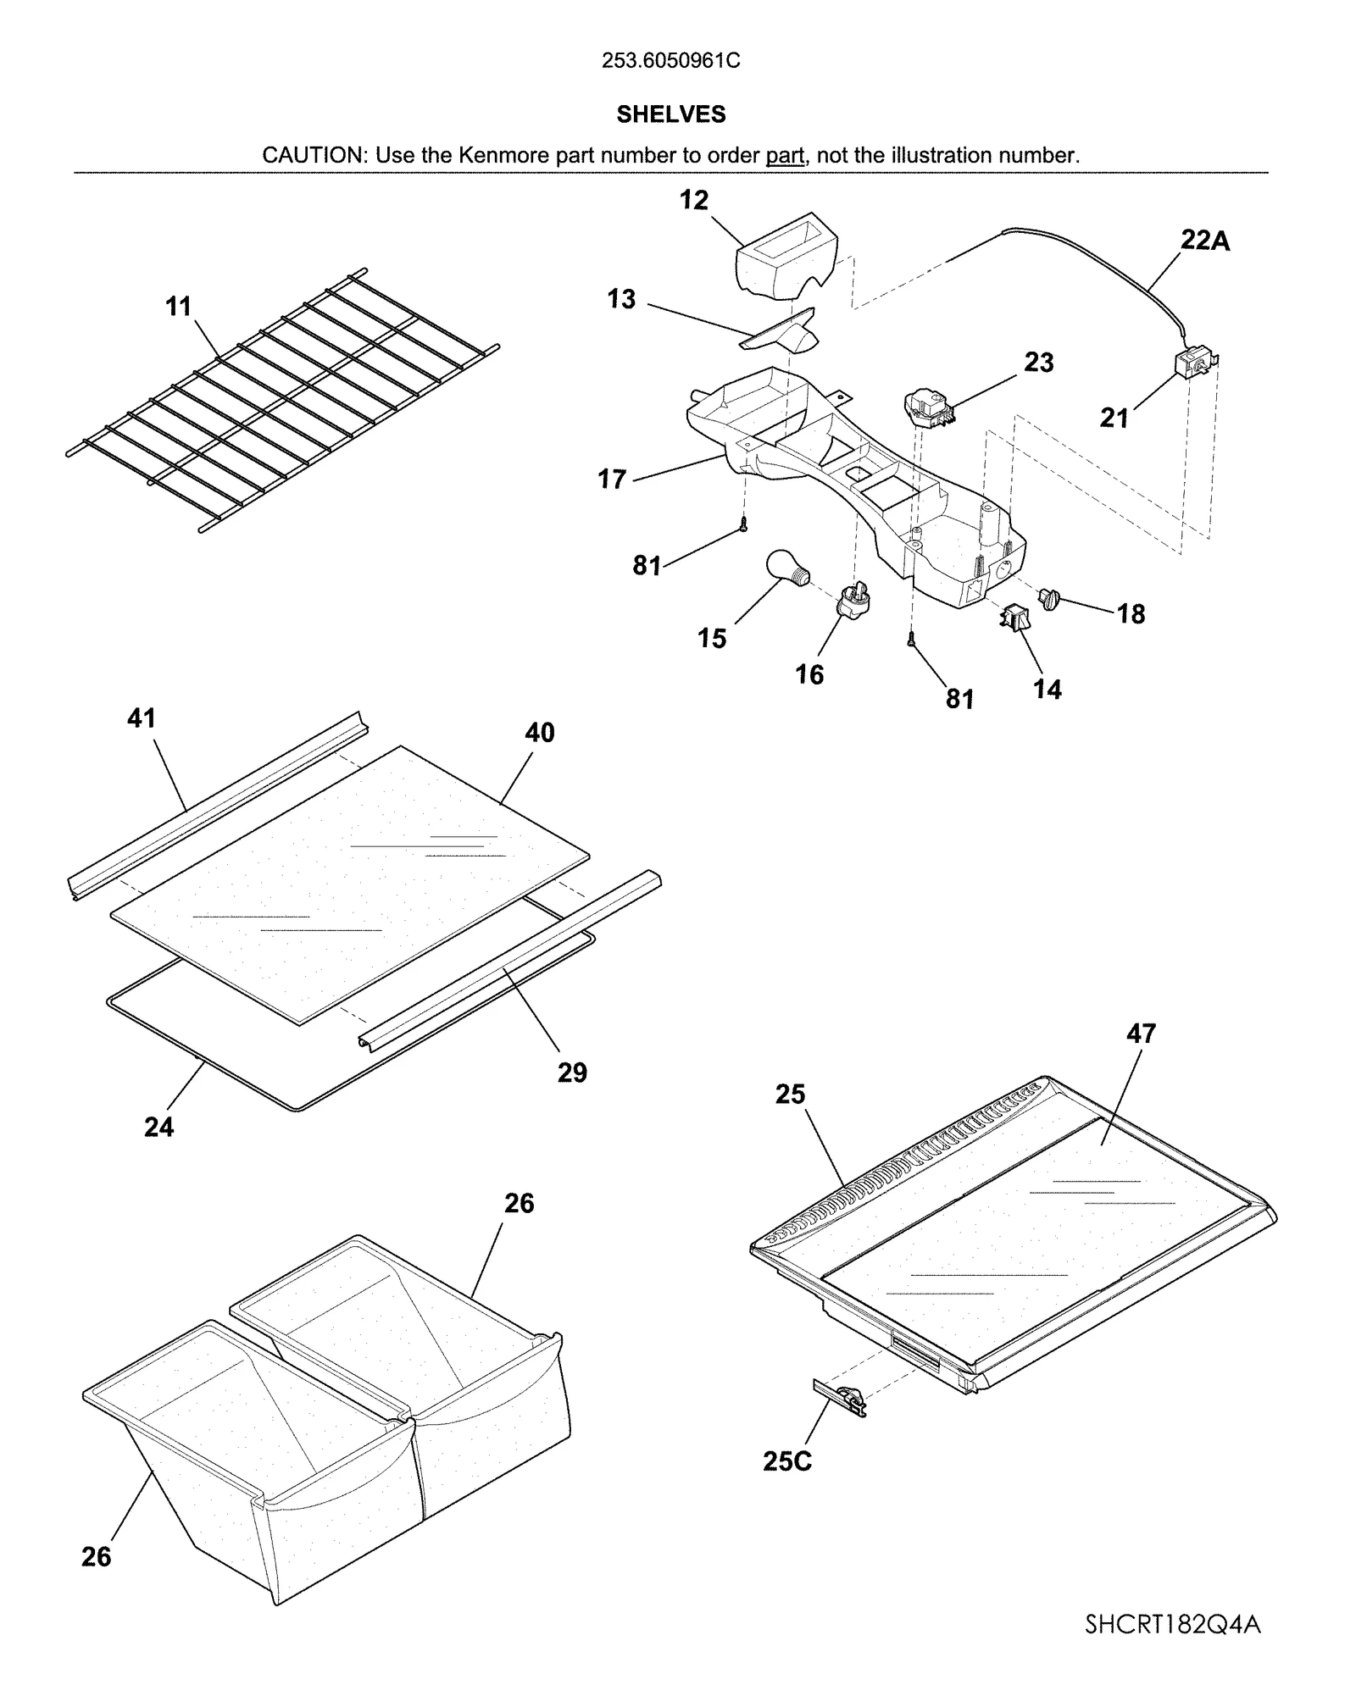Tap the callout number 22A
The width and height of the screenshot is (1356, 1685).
(1205, 241)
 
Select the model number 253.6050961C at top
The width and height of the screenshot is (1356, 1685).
(671, 61)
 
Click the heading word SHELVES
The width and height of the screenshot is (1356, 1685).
(671, 114)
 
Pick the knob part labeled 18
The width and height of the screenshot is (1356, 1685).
(1051, 601)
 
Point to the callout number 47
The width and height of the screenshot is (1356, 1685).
(1141, 1034)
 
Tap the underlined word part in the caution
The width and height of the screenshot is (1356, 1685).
(785, 156)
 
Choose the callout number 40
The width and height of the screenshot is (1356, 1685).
(540, 733)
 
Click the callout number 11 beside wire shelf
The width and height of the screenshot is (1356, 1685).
(178, 307)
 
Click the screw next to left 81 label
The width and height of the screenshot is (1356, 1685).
(743, 525)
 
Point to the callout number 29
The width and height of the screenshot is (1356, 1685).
(572, 1073)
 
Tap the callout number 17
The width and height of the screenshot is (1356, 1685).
(612, 479)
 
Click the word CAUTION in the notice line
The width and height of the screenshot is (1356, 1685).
(312, 156)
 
